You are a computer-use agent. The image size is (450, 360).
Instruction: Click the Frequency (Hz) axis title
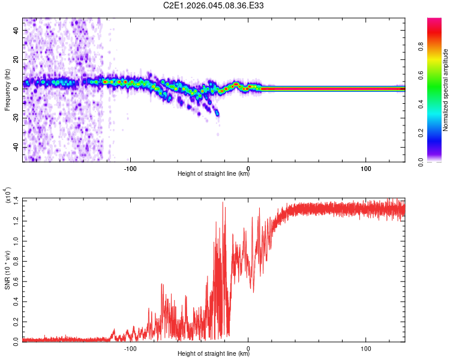tap(7, 89)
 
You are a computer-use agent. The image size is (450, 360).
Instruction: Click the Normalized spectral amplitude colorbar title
tap(446, 90)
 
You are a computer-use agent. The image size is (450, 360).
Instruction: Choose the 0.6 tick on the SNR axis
tap(16, 280)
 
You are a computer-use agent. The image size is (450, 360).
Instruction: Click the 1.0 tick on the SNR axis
tap(16, 240)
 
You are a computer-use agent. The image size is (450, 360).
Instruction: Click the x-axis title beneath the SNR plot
tap(214, 355)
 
